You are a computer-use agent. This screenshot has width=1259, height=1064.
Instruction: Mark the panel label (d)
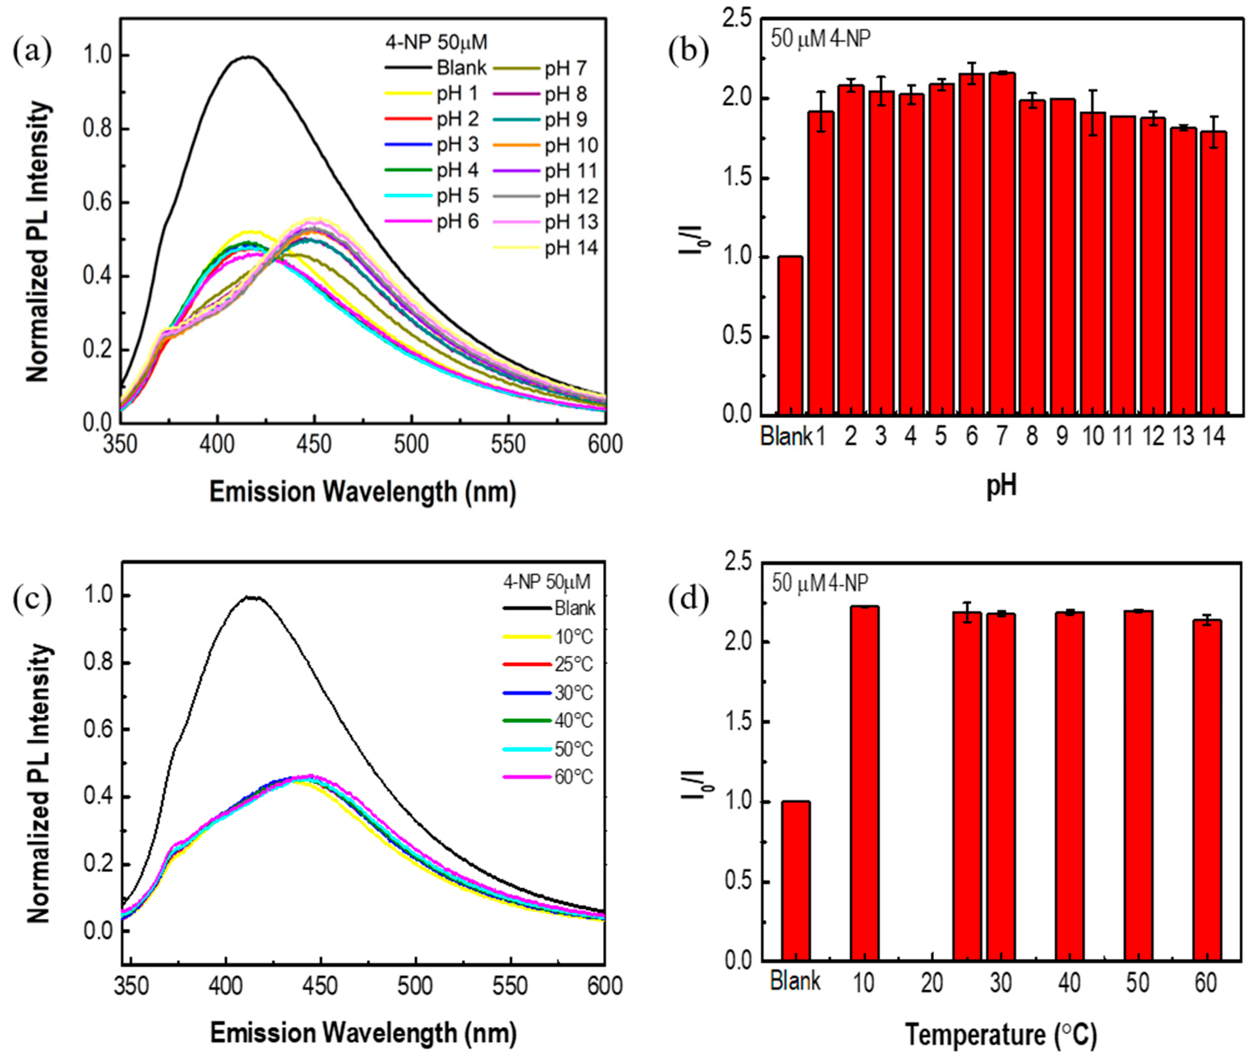(688, 599)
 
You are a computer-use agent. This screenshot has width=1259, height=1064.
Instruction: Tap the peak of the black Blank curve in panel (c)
(251, 597)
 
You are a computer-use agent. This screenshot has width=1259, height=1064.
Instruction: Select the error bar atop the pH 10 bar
(1092, 112)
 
